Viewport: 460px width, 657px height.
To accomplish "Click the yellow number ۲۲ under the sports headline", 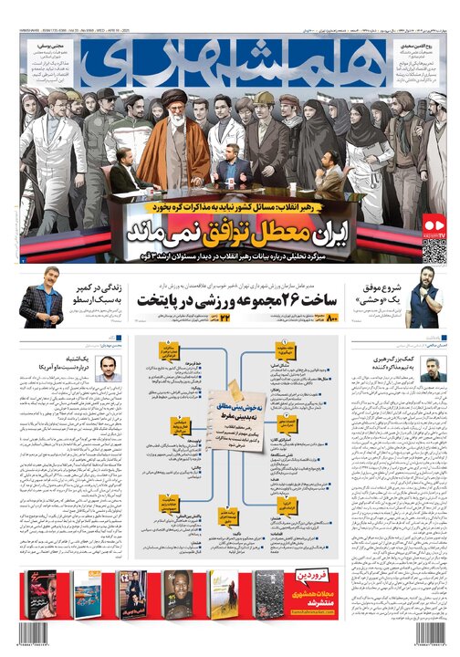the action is coord(218,318).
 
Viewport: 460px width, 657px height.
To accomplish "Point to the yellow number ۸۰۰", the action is coord(331,318).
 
